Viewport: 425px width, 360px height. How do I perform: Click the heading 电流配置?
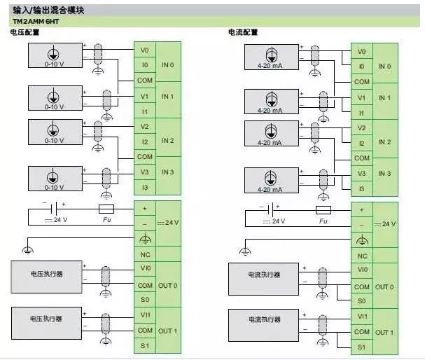(x=243, y=33)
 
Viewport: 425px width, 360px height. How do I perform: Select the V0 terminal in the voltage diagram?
(x=144, y=50)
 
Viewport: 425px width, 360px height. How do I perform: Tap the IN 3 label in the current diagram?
(x=384, y=173)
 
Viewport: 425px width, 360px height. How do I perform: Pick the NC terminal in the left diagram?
(x=145, y=255)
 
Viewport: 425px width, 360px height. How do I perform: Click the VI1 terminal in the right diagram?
(x=362, y=316)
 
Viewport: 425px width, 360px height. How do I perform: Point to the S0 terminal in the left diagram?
(x=144, y=300)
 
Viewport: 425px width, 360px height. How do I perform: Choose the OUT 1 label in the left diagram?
(x=168, y=331)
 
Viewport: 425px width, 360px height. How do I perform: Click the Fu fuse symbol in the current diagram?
(x=323, y=210)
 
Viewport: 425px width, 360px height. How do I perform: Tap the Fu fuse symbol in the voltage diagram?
(x=106, y=209)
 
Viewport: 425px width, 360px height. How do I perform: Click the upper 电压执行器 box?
(x=46, y=274)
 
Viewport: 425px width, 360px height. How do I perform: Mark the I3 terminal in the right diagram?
(x=361, y=189)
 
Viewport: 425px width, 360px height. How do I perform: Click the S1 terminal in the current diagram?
(x=362, y=347)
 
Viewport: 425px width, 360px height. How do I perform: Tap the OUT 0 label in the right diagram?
(x=384, y=286)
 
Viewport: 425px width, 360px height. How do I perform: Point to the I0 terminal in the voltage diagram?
(x=144, y=66)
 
